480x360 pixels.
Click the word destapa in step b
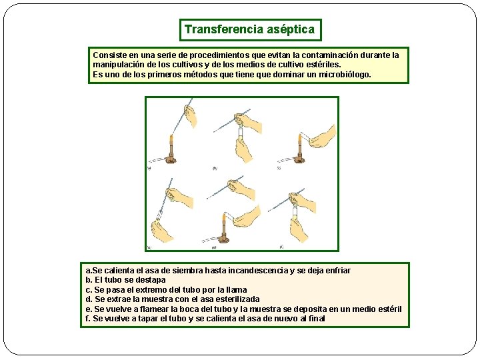pos(150,280)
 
